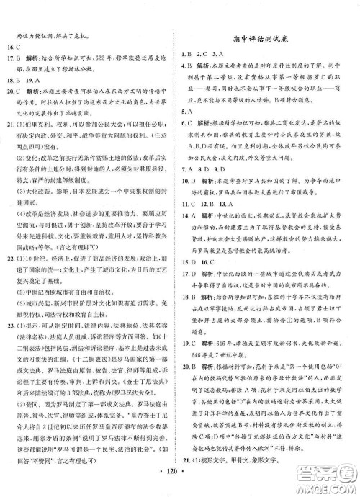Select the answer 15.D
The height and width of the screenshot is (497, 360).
tap(191, 291)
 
